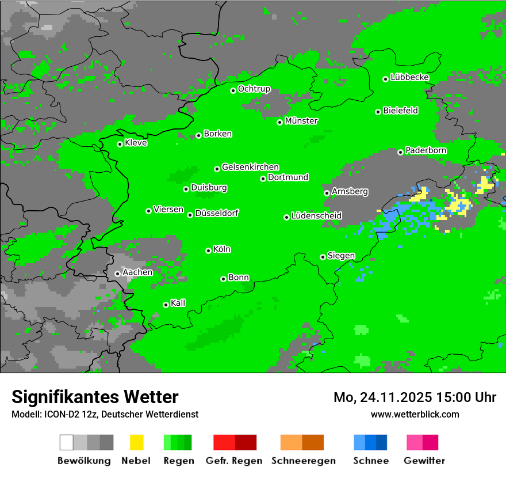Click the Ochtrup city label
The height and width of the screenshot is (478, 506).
click(x=254, y=89)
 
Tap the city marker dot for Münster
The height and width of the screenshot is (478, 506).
click(x=280, y=122)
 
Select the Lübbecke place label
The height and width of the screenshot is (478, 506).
click(x=409, y=77)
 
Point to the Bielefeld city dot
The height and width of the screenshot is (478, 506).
click(x=378, y=112)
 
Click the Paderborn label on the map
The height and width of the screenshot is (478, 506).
click(x=425, y=151)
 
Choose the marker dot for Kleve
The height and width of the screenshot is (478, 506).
click(x=120, y=144)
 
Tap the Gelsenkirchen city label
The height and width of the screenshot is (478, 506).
click(x=250, y=167)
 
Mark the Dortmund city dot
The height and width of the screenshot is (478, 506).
click(x=263, y=179)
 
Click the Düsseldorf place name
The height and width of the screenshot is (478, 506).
click(x=217, y=213)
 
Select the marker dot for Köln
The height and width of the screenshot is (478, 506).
click(x=209, y=251)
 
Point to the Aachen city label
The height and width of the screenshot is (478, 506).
click(x=137, y=272)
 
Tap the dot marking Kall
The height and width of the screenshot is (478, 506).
click(x=166, y=305)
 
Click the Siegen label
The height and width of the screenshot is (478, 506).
click(x=341, y=256)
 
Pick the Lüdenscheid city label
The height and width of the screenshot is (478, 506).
click(x=316, y=216)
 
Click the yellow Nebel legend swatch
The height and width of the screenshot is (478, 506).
click(x=137, y=442)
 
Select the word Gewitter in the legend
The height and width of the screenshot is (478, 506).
click(x=424, y=461)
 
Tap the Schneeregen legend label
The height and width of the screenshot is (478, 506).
click(x=303, y=461)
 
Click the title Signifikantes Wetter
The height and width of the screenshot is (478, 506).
click(x=95, y=397)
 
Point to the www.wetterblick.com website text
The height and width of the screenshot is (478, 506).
click(x=415, y=414)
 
